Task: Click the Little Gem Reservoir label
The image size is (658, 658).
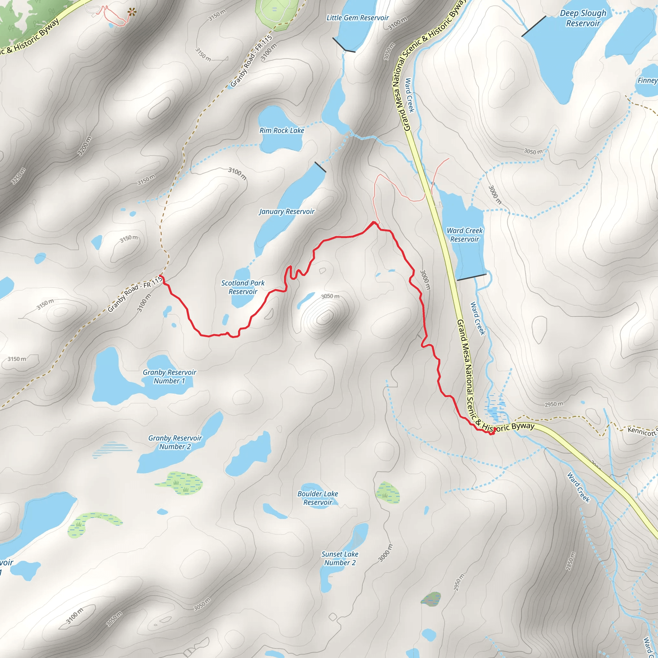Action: (357, 18)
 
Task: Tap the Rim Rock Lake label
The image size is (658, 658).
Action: (282, 130)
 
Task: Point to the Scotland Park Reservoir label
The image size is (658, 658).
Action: (243, 287)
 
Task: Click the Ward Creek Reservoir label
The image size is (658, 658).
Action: (465, 235)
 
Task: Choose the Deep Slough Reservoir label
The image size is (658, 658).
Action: (583, 18)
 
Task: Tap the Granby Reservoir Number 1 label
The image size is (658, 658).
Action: (169, 377)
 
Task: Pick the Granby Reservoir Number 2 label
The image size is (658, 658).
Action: (175, 442)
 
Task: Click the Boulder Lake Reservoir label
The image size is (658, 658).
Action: (318, 498)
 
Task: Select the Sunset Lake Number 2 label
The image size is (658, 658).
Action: (340, 558)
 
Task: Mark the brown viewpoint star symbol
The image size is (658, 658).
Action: (132, 13)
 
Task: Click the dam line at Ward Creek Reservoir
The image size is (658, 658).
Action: (471, 277)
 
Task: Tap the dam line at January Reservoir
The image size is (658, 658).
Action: (320, 167)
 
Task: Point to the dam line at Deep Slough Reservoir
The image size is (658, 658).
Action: (533, 26)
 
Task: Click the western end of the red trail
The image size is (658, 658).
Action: (160, 277)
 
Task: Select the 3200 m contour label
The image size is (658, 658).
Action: (84, 146)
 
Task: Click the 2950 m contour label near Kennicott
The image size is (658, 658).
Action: (554, 404)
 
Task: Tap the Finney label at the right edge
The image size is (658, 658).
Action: (647, 80)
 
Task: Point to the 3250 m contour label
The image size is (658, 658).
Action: (18, 176)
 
